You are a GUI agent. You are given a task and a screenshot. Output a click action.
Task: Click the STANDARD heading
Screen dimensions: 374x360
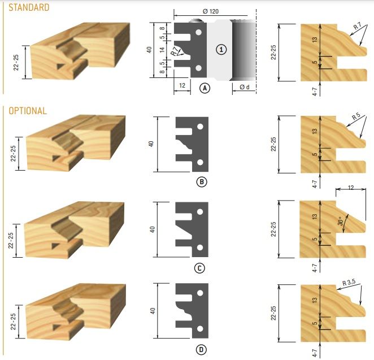[29, 7]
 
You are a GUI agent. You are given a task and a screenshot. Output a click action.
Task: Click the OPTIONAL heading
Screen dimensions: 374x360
[28, 111]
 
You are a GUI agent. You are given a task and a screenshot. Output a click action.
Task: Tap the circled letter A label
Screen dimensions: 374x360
[205, 88]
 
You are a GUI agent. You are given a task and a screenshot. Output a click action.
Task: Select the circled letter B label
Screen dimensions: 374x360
[202, 182]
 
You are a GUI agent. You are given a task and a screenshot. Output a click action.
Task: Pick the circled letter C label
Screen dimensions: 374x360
[199, 268]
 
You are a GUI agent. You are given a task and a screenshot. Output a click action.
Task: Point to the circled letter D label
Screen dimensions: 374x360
[201, 350]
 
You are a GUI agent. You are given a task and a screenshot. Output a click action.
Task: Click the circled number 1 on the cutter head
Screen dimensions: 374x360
[221, 50]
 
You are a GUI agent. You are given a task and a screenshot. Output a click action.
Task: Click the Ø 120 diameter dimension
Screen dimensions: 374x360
[211, 11]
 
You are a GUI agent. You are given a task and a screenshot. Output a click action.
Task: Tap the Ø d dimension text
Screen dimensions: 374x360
[245, 87]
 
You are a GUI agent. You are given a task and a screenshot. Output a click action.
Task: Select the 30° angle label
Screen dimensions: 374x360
[341, 221]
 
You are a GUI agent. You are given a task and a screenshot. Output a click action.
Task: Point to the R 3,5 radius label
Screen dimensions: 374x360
[349, 283]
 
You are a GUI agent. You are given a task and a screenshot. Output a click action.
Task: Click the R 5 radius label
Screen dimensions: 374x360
[356, 116]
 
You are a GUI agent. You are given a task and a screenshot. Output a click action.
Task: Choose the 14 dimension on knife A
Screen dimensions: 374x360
[162, 50]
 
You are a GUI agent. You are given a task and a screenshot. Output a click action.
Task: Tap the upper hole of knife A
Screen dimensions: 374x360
[198, 32]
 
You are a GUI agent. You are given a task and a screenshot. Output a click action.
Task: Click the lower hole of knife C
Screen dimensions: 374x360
[200, 248]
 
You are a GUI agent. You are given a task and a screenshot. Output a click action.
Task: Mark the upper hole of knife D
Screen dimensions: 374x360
[200, 293]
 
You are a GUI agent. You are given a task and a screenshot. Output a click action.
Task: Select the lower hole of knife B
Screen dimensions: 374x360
[200, 162]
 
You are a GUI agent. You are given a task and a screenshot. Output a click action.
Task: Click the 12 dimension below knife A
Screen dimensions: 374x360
[182, 85]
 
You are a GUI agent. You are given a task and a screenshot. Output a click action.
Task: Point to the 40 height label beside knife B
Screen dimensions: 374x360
[151, 144]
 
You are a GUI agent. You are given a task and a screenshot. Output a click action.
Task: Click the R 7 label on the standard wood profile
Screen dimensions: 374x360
[357, 26]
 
